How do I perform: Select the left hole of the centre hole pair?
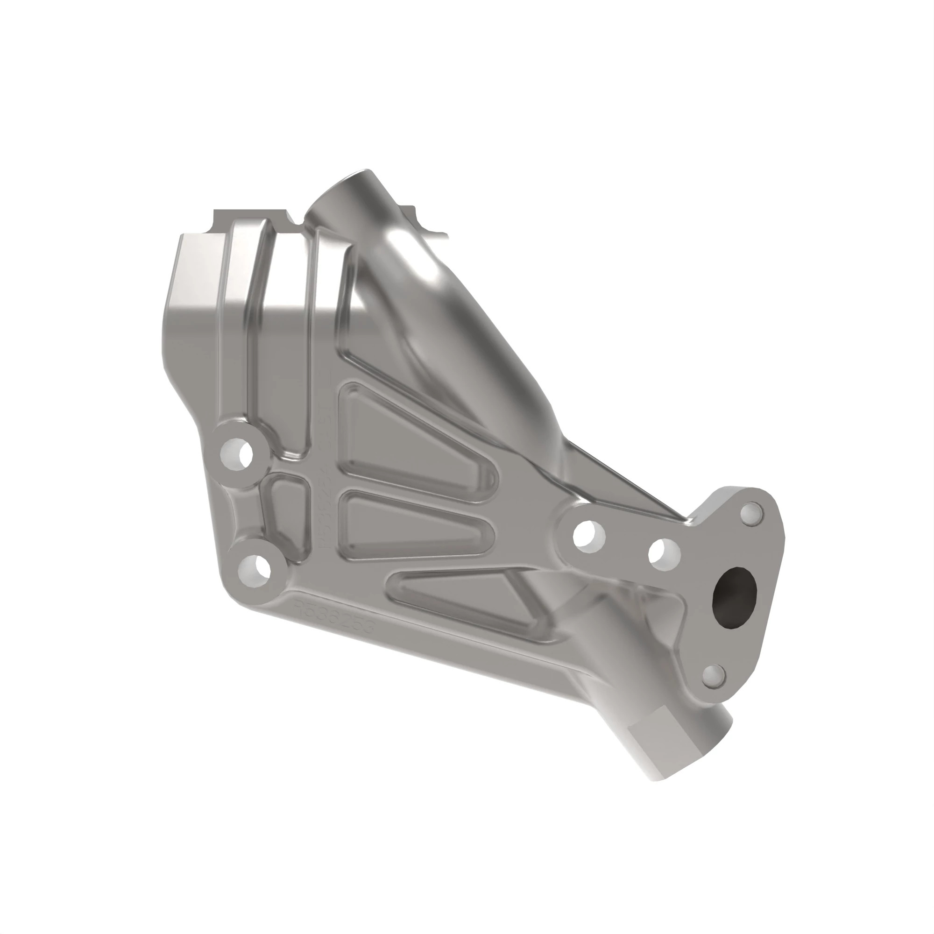point(589,535)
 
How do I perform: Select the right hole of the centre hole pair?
point(665,553)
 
